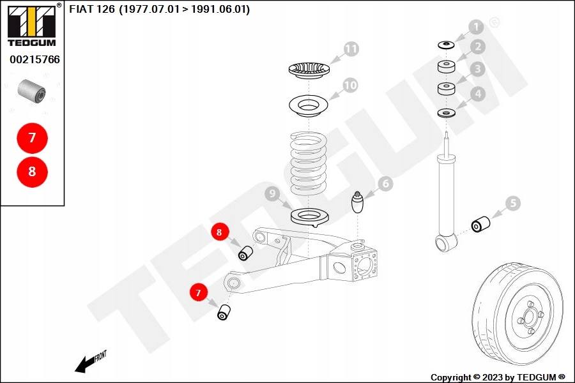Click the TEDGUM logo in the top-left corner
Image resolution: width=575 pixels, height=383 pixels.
(31, 26)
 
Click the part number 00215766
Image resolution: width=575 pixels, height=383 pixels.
(34, 60)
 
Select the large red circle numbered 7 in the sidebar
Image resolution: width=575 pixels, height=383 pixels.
(33, 137)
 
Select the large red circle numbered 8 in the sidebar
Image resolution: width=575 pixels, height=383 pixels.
(33, 172)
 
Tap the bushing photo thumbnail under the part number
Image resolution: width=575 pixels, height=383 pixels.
(32, 90)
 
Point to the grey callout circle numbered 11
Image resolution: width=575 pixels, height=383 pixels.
(351, 49)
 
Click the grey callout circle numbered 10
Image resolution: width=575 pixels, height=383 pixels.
(349, 84)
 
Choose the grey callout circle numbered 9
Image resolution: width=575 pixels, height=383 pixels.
(272, 193)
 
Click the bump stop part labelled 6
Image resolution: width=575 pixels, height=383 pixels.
(358, 205)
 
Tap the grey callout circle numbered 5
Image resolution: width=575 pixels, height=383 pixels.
(513, 204)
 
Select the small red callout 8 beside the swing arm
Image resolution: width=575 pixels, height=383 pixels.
(219, 232)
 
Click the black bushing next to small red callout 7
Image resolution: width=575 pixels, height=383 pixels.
(224, 313)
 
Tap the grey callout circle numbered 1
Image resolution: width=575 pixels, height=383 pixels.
(476, 27)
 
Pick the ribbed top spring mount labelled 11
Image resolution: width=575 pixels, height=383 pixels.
(309, 69)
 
